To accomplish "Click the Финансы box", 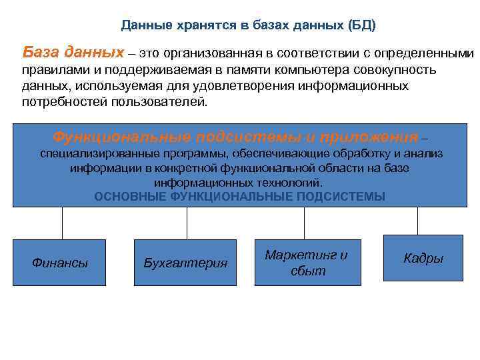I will [60, 263].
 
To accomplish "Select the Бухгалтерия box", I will [185, 263].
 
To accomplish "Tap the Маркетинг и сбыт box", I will [307, 263].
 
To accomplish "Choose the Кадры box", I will [423, 258].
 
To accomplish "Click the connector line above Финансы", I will [63, 223].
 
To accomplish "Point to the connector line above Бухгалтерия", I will [187, 223].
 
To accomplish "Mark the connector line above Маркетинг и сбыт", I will [305, 223].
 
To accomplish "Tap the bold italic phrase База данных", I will [73, 52].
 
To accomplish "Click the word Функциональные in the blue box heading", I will [123, 137].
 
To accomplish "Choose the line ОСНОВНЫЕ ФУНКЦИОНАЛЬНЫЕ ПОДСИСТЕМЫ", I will [240, 197].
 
